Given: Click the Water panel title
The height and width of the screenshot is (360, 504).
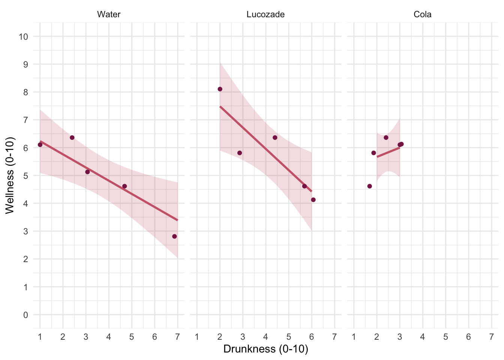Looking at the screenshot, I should (x=109, y=15).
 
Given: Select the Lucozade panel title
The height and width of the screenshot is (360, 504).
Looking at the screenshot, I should (x=265, y=15).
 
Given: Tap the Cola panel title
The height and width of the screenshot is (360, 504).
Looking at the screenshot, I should (x=423, y=15).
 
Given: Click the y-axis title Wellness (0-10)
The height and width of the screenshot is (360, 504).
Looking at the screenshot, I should (x=10, y=175).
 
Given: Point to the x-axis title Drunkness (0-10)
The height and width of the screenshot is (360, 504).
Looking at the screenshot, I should (x=265, y=349).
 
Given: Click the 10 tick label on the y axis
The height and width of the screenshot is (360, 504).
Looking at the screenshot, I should (x=23, y=37).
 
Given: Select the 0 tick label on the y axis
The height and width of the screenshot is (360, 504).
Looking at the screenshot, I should (x=25, y=315).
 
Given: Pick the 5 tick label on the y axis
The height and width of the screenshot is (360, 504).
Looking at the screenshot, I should (x=25, y=176).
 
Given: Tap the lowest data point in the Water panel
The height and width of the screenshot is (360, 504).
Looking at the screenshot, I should (x=174, y=236).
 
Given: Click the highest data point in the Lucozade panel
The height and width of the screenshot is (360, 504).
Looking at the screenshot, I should (x=220, y=89).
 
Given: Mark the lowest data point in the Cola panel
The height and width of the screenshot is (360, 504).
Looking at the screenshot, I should (x=370, y=186).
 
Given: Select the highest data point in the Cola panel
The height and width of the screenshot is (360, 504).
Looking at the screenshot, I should (x=386, y=138).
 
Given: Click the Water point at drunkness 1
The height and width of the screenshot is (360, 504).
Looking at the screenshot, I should (x=40, y=145).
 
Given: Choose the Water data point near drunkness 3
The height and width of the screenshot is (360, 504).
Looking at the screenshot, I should (x=87, y=172).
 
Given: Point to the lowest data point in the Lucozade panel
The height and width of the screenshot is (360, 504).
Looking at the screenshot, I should (x=313, y=200).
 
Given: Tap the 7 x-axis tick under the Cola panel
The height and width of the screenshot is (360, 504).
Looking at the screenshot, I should (x=491, y=337).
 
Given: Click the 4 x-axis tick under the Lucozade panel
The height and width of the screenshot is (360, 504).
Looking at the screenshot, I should (x=266, y=337).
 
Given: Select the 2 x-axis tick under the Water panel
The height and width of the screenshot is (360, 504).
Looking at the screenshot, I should (x=63, y=337).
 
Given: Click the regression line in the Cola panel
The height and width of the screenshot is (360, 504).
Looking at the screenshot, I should (x=388, y=152).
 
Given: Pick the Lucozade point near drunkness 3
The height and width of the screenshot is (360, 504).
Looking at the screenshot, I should (x=240, y=153).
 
